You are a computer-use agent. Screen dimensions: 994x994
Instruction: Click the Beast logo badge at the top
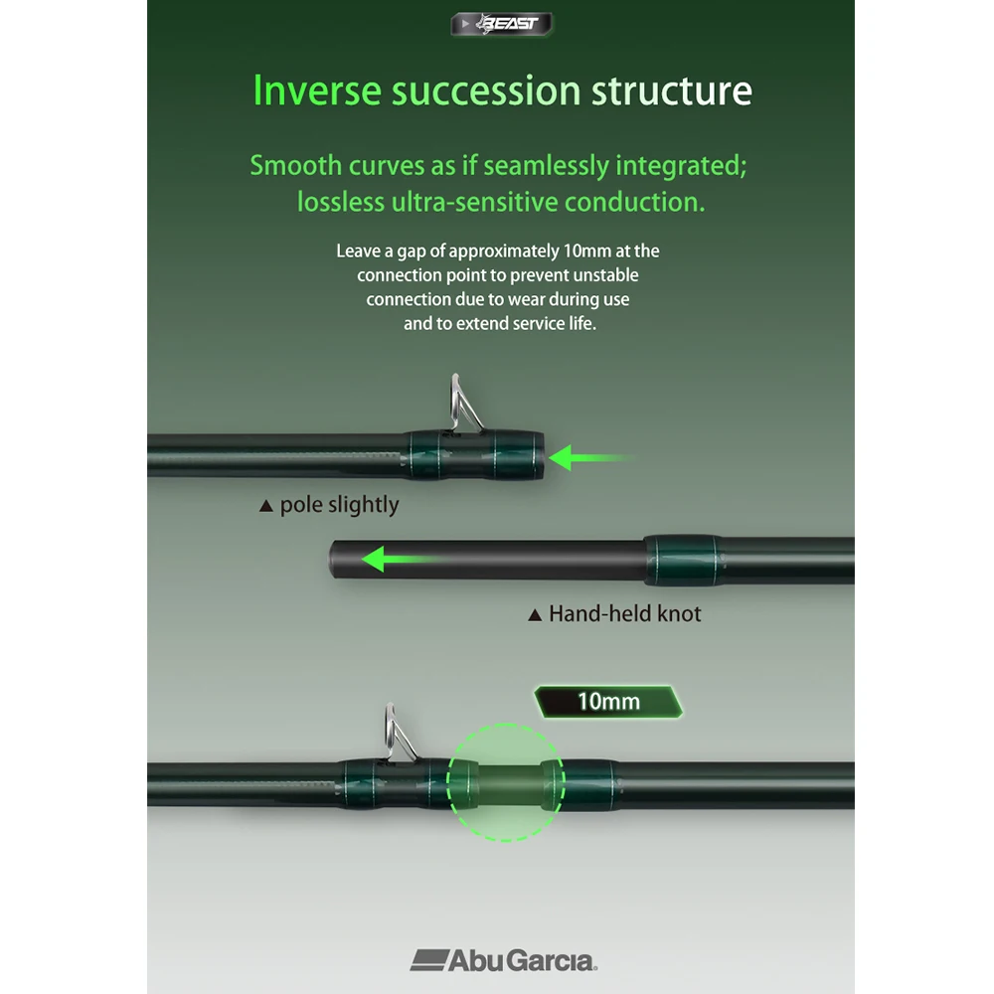501,24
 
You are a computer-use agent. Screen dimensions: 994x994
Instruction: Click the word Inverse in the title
317,90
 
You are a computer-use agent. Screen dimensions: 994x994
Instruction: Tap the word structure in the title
672,90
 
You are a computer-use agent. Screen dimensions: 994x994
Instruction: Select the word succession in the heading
486,90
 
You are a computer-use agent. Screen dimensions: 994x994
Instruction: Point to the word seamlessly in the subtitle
547,166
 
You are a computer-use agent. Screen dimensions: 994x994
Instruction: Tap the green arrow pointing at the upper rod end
590,457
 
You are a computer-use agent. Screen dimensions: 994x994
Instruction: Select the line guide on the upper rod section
465,404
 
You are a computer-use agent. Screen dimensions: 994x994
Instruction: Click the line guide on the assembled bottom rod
400,733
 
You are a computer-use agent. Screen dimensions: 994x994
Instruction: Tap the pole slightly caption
340,505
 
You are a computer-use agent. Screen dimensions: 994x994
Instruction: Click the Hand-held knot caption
625,613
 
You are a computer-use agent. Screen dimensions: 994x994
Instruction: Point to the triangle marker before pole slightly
266,506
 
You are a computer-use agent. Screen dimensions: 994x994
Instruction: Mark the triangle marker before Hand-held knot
535,615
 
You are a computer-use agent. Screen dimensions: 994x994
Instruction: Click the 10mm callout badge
608,702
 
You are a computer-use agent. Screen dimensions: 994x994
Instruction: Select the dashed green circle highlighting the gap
506,724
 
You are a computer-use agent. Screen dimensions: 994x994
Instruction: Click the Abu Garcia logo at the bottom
504,960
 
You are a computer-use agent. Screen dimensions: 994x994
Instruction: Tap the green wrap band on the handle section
683,560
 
